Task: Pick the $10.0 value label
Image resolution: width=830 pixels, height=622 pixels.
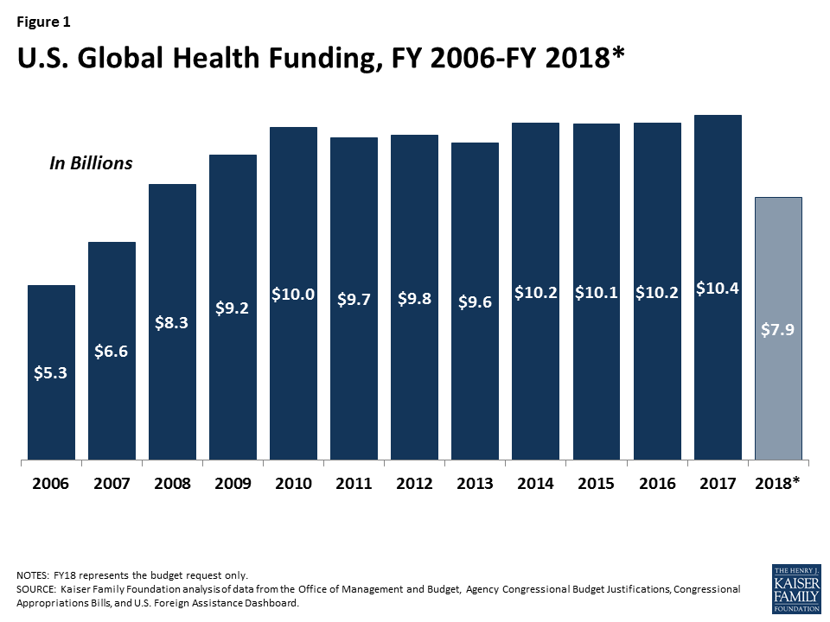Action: click(293, 295)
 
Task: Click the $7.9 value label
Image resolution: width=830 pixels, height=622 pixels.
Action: click(778, 330)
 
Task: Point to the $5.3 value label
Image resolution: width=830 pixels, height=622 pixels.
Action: click(51, 374)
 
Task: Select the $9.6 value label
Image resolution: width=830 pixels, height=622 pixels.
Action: click(475, 301)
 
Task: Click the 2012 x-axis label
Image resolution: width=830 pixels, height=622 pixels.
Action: click(414, 484)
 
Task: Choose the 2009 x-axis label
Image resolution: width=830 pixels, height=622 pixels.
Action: click(233, 484)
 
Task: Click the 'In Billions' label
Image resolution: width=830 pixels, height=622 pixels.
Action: click(91, 163)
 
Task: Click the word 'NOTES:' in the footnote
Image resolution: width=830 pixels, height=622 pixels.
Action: click(35, 575)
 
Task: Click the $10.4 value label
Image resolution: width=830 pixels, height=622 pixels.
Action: click(718, 288)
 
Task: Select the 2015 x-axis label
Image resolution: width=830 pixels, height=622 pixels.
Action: click(596, 484)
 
